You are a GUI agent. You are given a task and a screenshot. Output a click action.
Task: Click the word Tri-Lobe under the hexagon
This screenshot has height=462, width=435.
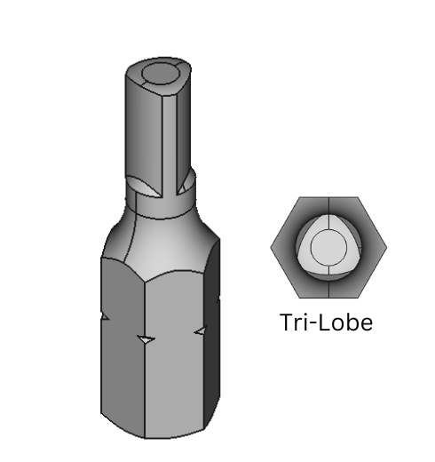click(326, 322)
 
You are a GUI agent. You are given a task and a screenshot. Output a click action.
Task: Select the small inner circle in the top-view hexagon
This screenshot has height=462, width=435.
click(328, 247)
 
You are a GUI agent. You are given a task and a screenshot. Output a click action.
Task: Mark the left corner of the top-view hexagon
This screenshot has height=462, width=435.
click(271, 247)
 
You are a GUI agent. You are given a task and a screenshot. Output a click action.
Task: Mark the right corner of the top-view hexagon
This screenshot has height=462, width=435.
click(386, 247)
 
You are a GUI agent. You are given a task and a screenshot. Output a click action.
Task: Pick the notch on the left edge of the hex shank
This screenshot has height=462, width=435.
click(104, 316)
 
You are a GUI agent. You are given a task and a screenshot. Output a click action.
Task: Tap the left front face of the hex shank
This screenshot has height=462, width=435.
click(123, 355)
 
